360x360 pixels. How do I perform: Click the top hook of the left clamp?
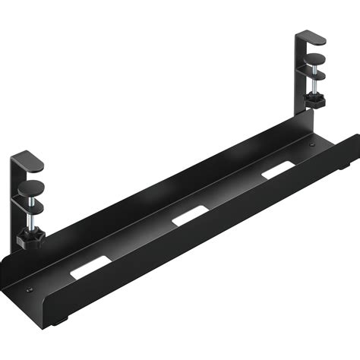(x=29, y=160)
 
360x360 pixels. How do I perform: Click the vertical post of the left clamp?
(x=17, y=205)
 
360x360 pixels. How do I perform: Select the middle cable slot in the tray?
(x=185, y=219)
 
